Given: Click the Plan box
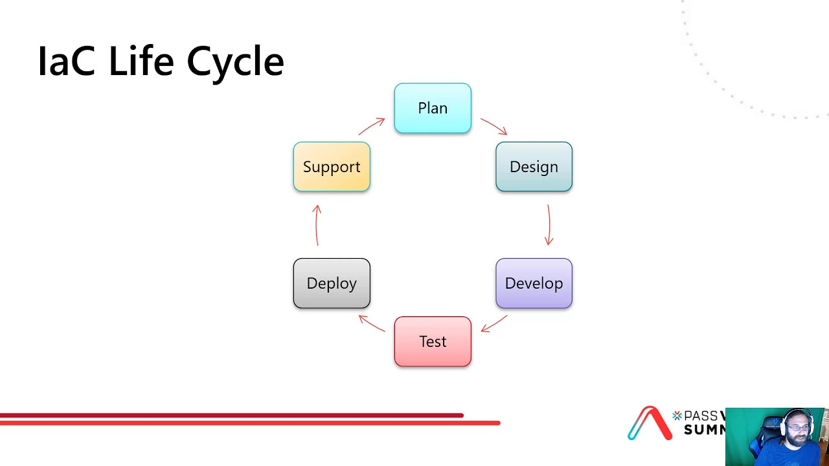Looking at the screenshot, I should [x=433, y=108].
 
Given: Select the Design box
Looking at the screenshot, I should [x=534, y=167].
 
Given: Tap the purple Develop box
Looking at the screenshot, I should [x=534, y=283].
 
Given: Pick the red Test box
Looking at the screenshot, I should [x=433, y=342].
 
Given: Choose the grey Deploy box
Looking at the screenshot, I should [x=332, y=283].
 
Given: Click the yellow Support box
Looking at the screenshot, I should [x=332, y=167].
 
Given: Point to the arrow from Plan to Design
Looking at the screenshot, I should [x=494, y=126].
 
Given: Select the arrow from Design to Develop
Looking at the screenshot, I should [x=549, y=225].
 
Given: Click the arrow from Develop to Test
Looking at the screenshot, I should [x=494, y=324].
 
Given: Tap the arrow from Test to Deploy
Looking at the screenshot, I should [x=372, y=323].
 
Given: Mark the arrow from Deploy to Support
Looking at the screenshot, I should [x=317, y=225].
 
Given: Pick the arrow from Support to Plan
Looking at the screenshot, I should [x=372, y=126].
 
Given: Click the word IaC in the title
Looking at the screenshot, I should [x=67, y=62].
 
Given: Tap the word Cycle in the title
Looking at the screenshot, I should [x=235, y=63].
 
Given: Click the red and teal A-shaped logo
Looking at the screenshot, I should [x=650, y=423].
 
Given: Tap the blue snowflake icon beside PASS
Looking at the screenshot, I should [x=677, y=416].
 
